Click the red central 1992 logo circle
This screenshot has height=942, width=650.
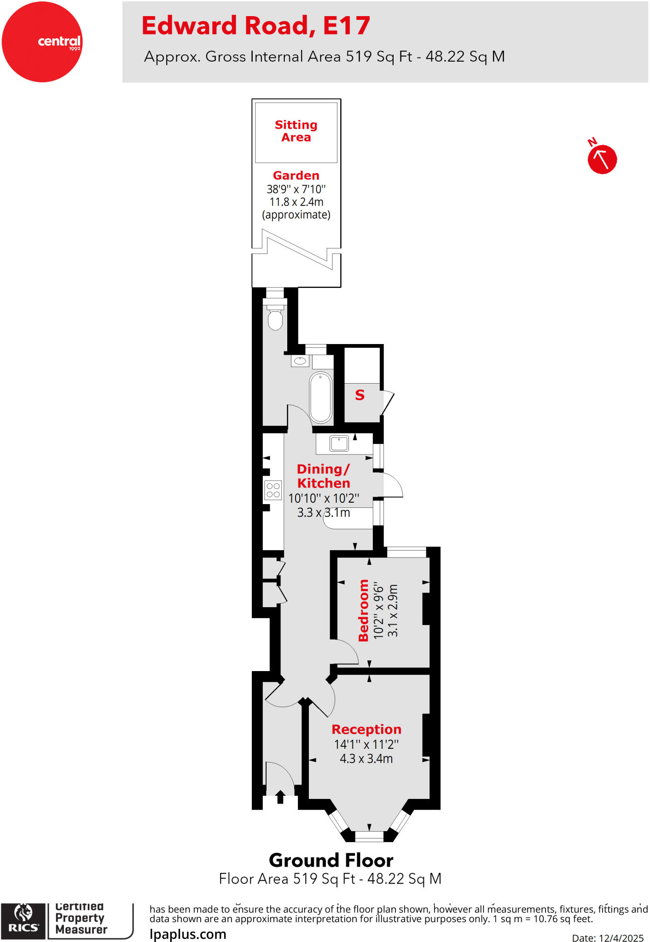[x=42, y=42]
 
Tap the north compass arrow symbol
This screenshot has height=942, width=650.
[x=602, y=159]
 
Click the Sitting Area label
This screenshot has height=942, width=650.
[x=296, y=131]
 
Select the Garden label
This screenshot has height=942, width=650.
[x=296, y=175]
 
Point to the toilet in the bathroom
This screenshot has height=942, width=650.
[x=275, y=318]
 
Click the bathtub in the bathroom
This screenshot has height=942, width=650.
[x=321, y=397]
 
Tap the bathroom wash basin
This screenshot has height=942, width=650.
[x=300, y=361]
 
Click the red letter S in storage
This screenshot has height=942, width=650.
[x=360, y=395]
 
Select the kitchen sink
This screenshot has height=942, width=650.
[x=339, y=443]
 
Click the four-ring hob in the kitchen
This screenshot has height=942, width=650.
[x=273, y=490]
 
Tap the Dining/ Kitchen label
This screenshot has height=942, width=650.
[x=324, y=476]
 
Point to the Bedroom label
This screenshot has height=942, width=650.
[x=364, y=610]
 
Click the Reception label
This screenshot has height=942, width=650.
[x=366, y=729]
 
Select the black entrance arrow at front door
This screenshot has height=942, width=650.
[x=280, y=797]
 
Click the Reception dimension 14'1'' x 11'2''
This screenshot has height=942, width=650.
[x=366, y=744]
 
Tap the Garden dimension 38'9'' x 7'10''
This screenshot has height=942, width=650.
[x=296, y=189]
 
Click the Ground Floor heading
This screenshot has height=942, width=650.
[x=331, y=860]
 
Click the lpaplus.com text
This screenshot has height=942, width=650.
[x=188, y=934]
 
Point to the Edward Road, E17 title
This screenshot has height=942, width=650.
[x=255, y=26]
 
